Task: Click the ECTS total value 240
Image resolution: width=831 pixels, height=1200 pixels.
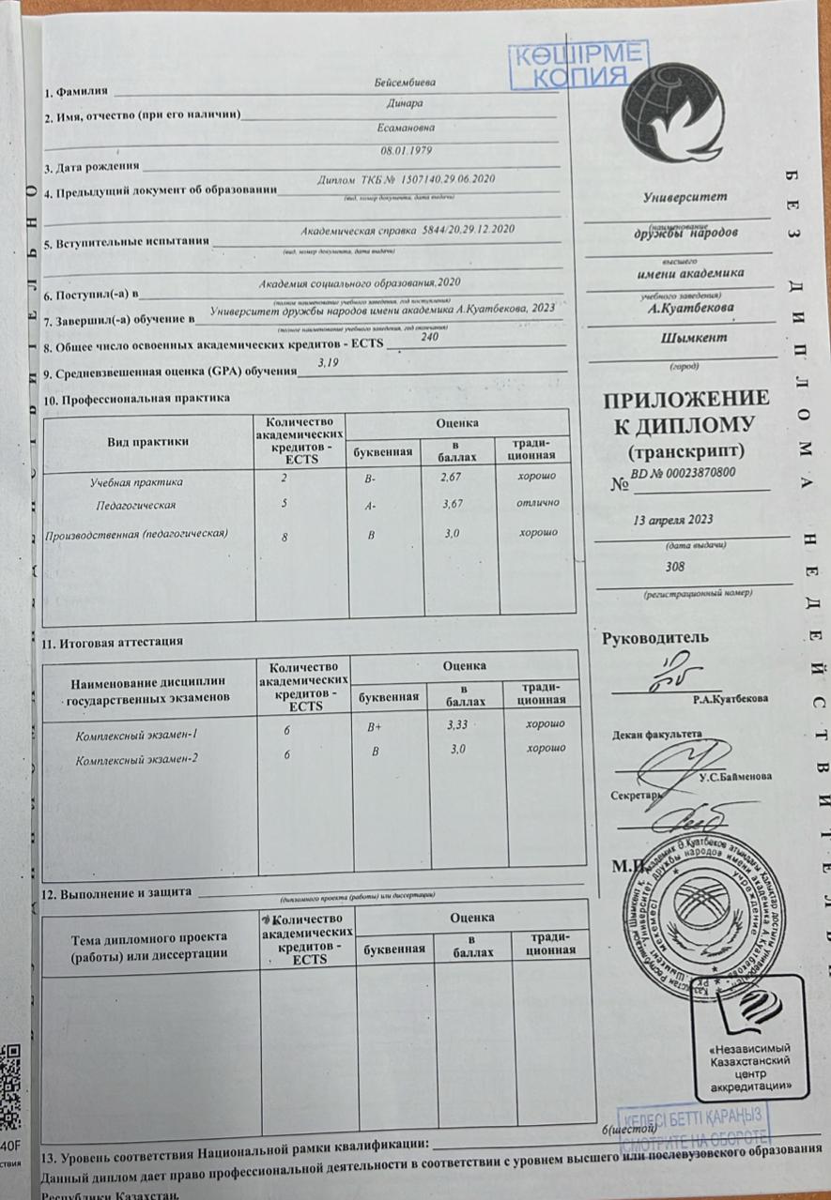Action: (430, 337)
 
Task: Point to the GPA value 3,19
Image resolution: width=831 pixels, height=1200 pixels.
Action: (328, 363)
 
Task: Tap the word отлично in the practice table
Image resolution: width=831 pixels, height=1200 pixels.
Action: (539, 504)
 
